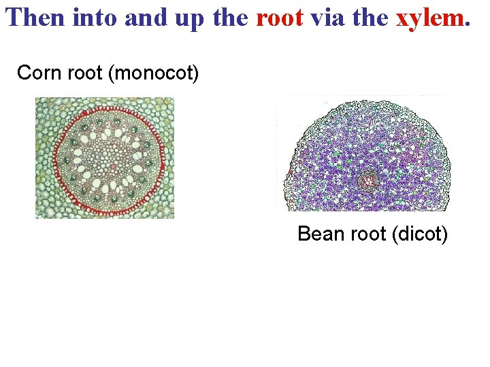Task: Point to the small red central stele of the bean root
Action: point(369,180)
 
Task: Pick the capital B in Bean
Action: point(304,234)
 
